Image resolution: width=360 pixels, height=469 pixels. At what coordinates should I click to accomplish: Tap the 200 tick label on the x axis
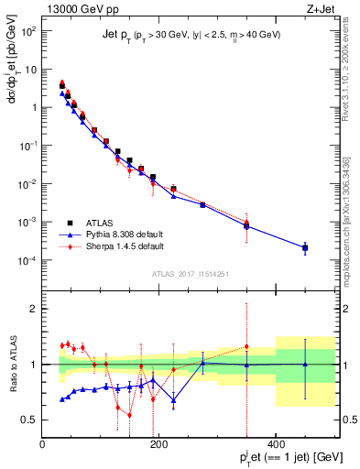click(x=159, y=444)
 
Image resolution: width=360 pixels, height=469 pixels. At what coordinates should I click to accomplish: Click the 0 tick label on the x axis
click(x=43, y=444)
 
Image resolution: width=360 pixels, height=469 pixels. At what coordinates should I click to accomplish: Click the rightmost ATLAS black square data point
click(x=305, y=248)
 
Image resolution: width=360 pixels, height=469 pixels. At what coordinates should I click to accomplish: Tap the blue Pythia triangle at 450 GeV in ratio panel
click(x=305, y=365)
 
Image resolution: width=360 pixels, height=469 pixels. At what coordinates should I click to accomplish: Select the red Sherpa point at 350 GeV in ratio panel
click(x=246, y=347)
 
